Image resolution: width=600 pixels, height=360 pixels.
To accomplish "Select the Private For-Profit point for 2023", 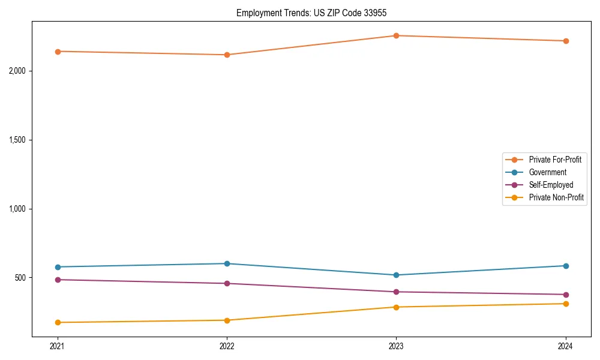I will (396, 35).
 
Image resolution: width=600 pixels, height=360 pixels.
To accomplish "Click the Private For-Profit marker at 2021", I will (58, 51).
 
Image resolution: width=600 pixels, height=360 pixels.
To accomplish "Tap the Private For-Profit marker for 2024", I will (566, 41).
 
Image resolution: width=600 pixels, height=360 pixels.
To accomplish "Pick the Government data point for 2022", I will (227, 263).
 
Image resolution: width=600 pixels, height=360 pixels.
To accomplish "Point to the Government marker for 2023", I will (396, 275).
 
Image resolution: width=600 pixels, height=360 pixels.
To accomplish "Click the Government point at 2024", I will (566, 266).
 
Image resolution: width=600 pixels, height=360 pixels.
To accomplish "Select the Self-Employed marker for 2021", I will (58, 280).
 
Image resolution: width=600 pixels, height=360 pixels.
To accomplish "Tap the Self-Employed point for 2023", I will (396, 292).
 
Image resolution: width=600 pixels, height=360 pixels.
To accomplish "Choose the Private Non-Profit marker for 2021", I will (58, 322).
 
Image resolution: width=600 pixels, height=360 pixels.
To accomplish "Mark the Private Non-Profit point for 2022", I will (227, 320).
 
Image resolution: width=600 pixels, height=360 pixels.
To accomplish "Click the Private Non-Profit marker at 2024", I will (566, 304).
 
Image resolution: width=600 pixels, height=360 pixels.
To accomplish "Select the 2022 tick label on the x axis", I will (227, 346).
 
